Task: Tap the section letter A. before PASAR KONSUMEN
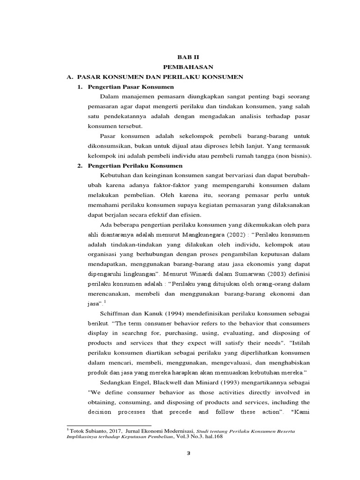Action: (70, 76)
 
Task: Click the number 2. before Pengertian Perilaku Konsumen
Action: (80, 165)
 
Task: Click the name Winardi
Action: (184, 274)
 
